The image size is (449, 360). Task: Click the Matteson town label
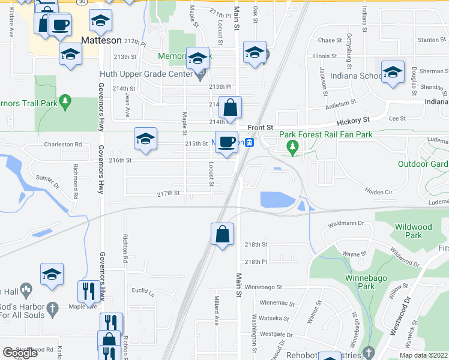(101, 40)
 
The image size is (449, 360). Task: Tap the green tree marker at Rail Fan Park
(293, 146)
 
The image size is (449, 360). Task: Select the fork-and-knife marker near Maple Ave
(89, 291)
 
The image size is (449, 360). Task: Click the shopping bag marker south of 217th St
(223, 233)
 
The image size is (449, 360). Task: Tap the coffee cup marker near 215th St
(226, 142)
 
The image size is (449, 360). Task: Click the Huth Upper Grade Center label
(145, 75)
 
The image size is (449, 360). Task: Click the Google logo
(20, 353)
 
